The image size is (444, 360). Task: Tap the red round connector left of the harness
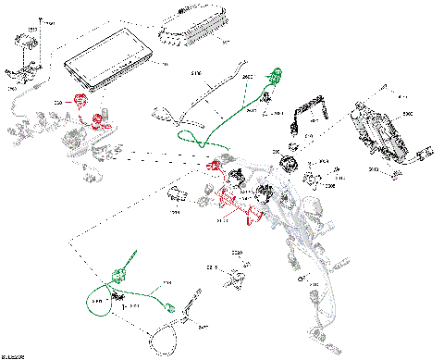(81, 102)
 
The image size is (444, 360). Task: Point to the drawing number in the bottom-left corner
(13, 355)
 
